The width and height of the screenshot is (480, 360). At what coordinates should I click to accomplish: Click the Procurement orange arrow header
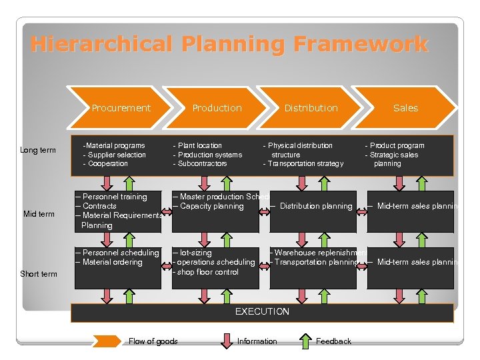pyautogui.click(x=121, y=108)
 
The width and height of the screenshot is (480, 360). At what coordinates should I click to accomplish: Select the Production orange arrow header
pyautogui.click(x=217, y=108)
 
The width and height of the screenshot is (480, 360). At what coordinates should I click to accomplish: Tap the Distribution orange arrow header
pyautogui.click(x=311, y=108)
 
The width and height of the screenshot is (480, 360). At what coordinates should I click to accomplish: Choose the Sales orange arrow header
pyautogui.click(x=405, y=108)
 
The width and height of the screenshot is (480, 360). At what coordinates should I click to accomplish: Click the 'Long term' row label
pyautogui.click(x=38, y=150)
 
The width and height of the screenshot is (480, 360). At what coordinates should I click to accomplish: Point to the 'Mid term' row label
pyautogui.click(x=39, y=214)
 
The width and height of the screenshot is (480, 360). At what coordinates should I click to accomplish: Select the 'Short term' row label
pyautogui.click(x=39, y=274)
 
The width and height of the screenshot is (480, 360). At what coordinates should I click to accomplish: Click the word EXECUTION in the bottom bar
pyautogui.click(x=262, y=312)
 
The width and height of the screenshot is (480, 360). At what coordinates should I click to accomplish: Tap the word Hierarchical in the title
pyautogui.click(x=97, y=45)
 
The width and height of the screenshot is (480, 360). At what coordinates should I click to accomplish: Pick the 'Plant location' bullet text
pyautogui.click(x=200, y=145)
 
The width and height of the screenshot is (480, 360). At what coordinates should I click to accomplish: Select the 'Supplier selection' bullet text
pyautogui.click(x=117, y=155)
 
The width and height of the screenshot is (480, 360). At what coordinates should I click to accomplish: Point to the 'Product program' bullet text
pyautogui.click(x=397, y=145)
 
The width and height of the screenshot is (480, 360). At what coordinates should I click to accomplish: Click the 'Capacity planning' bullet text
pyautogui.click(x=211, y=206)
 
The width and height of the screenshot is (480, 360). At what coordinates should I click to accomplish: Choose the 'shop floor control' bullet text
pyautogui.click(x=207, y=271)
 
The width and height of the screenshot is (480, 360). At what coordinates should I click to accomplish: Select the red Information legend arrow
pyautogui.click(x=225, y=341)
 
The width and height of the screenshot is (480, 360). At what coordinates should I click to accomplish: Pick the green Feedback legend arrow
pyautogui.click(x=304, y=341)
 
